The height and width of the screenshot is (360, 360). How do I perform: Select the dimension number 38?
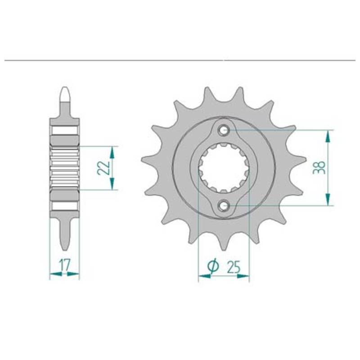coord(319,167)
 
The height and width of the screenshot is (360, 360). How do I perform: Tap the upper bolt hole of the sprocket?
coord(223,130)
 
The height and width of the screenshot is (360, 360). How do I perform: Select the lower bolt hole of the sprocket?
coord(223,205)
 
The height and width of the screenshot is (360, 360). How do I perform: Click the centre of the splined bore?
coord(223,168)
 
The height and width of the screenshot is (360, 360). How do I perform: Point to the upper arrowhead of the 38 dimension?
coord(328,137)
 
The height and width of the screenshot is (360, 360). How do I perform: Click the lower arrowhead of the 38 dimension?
coord(328,199)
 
